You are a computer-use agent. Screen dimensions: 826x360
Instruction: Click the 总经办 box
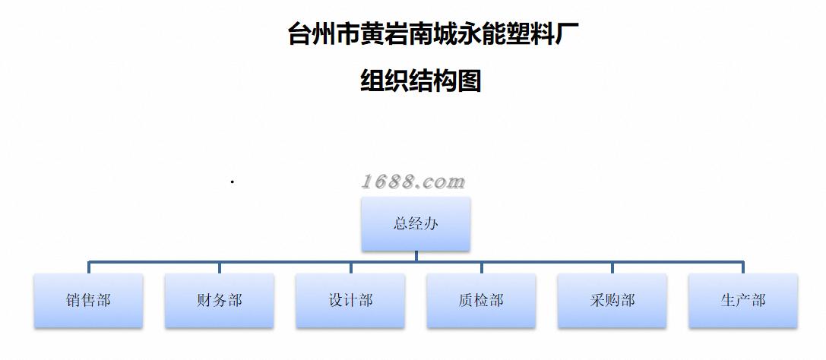(416, 223)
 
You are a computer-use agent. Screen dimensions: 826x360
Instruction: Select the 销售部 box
(88, 301)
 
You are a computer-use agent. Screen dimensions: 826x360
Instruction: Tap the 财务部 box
(219, 301)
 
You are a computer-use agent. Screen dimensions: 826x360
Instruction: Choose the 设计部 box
(350, 301)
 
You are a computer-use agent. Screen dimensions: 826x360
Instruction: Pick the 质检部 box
(481, 301)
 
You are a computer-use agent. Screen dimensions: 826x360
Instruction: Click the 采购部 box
(612, 301)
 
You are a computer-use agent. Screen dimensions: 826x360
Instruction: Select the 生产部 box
(742, 301)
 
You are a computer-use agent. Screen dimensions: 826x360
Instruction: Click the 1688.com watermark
(413, 182)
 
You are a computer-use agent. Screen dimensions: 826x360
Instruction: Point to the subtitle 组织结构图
(420, 80)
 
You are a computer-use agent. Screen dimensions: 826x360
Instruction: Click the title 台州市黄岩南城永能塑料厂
(427, 34)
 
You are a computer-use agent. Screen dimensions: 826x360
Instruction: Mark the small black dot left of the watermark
(232, 182)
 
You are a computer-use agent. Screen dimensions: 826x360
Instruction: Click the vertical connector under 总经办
(416, 256)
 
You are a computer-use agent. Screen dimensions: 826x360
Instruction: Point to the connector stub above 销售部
(89, 268)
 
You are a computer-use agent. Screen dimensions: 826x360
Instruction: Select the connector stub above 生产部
(742, 268)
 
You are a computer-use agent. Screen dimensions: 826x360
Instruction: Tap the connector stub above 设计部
(350, 268)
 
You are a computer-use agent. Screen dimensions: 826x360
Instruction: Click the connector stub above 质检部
(481, 268)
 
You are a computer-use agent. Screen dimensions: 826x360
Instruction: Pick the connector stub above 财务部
(220, 268)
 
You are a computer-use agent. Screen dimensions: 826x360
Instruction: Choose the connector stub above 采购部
(612, 268)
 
